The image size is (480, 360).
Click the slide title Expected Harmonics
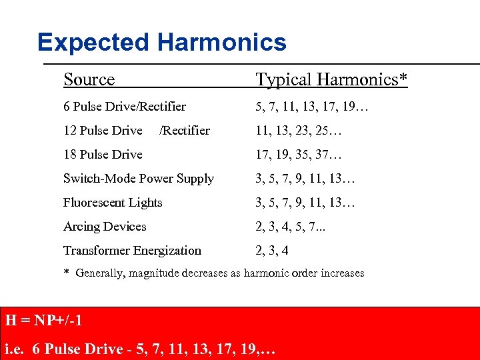162,43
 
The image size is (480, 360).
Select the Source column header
89,80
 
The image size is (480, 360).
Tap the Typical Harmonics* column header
331,80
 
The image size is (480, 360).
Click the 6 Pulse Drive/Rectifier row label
125,107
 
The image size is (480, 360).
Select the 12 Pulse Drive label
103,131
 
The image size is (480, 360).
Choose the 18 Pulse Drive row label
103,155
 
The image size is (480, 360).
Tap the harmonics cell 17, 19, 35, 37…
298,155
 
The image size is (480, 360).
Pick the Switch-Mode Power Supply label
139,179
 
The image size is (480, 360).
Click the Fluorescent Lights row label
113,203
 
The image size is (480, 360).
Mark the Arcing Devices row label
105,227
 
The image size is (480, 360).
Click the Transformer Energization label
132,251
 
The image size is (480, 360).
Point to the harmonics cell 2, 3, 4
273,251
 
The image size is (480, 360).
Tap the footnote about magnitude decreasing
214,273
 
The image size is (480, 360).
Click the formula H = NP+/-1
43,321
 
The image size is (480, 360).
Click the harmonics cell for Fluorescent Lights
305,203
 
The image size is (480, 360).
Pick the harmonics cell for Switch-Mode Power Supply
305,179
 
